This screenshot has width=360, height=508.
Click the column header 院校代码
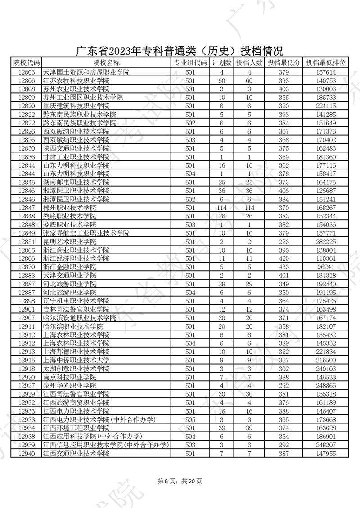pos(26,63)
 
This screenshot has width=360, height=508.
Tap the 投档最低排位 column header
pos(326,63)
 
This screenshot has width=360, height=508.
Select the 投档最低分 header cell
pos(283,63)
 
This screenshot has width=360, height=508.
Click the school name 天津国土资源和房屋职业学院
pos(85,72)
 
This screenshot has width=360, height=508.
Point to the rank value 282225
pos(326,241)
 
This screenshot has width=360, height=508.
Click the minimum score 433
pos(283,267)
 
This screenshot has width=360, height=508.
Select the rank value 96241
pos(326,267)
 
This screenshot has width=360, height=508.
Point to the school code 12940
pos(26,454)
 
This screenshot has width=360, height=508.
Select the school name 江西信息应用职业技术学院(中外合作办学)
pos(105,446)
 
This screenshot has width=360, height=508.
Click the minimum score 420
pos(283,258)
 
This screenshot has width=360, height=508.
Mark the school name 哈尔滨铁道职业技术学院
pos(79,318)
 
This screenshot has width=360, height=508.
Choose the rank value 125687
pos(326,191)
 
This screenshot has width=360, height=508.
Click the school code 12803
pos(26,72)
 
